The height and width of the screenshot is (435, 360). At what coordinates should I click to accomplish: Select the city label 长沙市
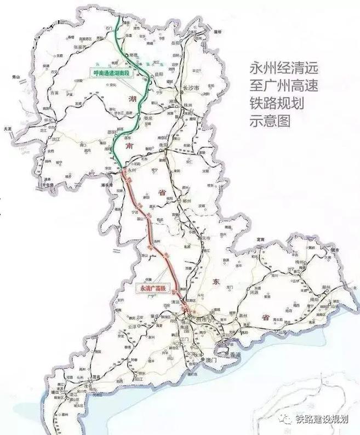[x=189, y=88]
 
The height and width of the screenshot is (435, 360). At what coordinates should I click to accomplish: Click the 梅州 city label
[x=315, y=263]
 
